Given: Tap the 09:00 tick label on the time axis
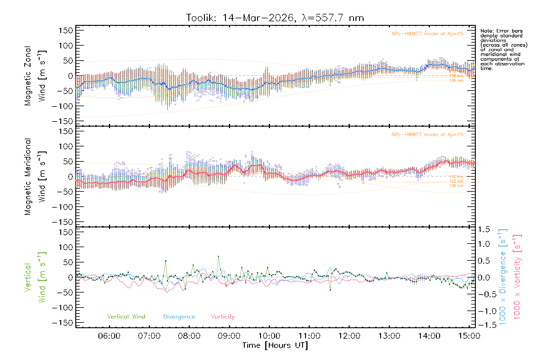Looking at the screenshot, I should pyautogui.click(x=229, y=336).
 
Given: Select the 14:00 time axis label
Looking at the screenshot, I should pyautogui.click(x=429, y=336).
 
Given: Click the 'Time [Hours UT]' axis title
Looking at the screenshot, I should pyautogui.click(x=275, y=346).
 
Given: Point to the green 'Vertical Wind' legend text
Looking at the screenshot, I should pyautogui.click(x=126, y=317).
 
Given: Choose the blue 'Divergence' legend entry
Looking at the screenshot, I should pyautogui.click(x=179, y=317).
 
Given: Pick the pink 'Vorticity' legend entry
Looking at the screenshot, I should pyautogui.click(x=223, y=317).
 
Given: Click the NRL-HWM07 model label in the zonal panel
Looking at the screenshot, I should pyautogui.click(x=427, y=34).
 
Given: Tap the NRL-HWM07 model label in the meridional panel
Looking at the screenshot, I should pyautogui.click(x=427, y=135).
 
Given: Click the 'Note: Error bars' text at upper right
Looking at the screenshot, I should pyautogui.click(x=501, y=31).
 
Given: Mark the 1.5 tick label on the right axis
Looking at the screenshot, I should pyautogui.click(x=484, y=229).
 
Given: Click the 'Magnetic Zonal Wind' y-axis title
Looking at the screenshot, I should pyautogui.click(x=35, y=76).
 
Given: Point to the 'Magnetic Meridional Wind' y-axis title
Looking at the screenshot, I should pyautogui.click(x=35, y=177).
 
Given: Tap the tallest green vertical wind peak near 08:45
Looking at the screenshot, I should pyautogui.click(x=218, y=256).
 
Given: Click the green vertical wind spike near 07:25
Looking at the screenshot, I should pyautogui.click(x=166, y=261).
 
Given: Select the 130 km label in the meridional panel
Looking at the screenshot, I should pyautogui.click(x=456, y=186).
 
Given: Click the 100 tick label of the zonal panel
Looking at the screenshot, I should pyautogui.click(x=66, y=46).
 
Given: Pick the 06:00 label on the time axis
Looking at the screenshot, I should pyautogui.click(x=109, y=336).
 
